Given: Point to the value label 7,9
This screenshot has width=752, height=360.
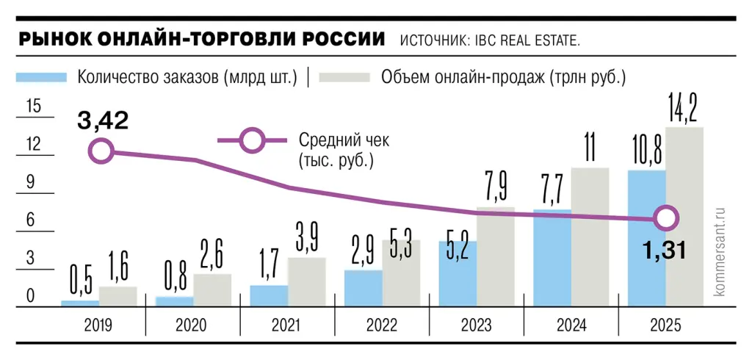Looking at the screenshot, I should (496, 190).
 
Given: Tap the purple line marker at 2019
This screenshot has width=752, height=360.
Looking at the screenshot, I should (101, 152).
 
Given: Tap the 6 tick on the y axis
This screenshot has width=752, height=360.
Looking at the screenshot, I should (31, 220).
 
